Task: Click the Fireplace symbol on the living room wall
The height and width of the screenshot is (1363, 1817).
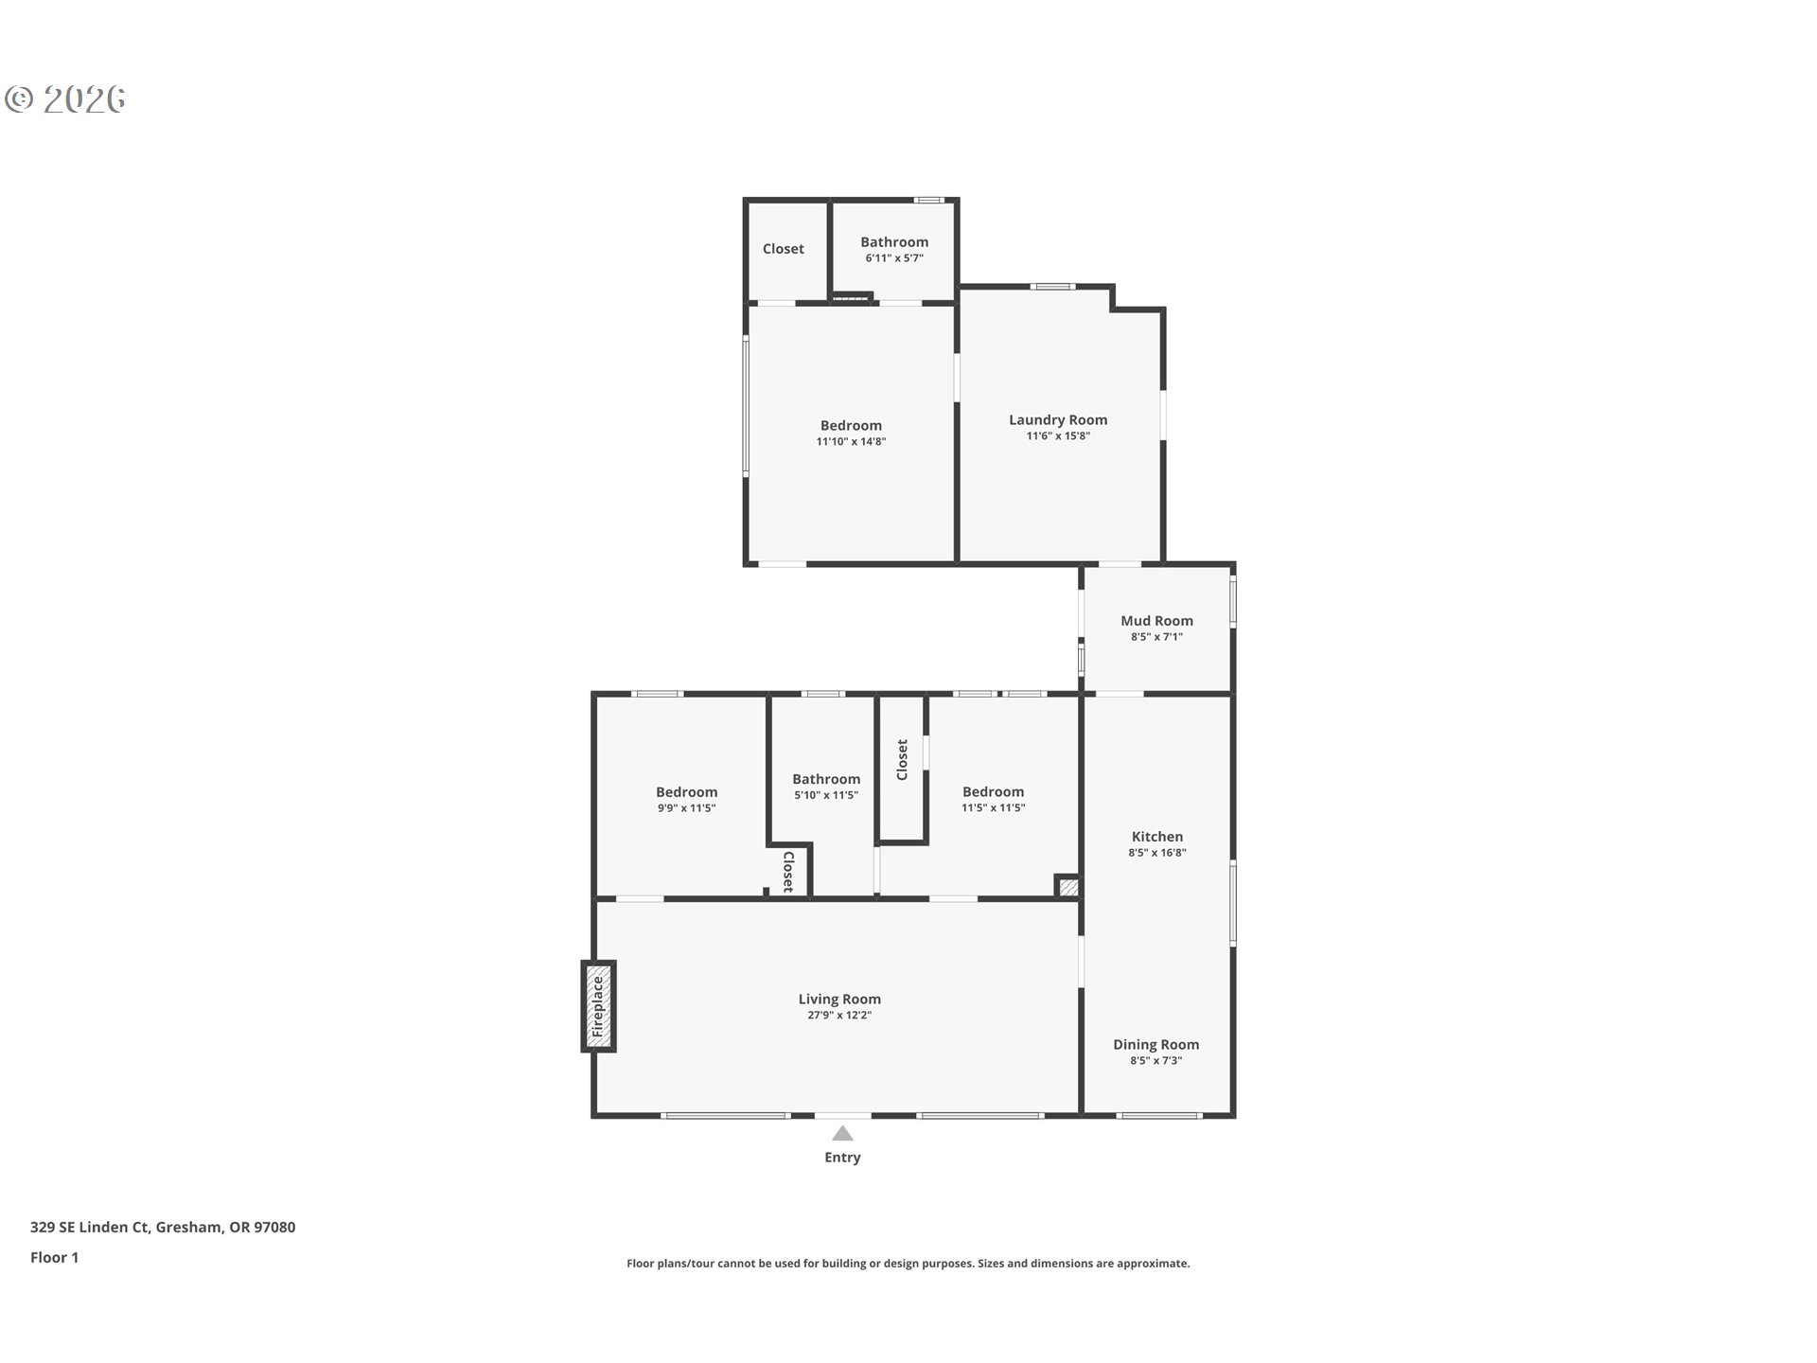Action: pyautogui.click(x=598, y=1006)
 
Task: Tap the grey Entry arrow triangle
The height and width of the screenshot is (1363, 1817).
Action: pyautogui.click(x=842, y=1133)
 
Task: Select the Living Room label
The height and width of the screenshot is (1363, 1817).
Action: pyautogui.click(x=839, y=999)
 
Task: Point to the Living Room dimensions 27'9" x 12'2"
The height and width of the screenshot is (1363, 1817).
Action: pyautogui.click(x=839, y=1016)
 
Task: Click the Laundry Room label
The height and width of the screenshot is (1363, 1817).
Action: pyautogui.click(x=1058, y=419)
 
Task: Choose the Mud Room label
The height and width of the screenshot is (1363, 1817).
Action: pyautogui.click(x=1156, y=621)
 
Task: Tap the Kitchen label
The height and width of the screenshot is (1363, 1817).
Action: pyautogui.click(x=1157, y=837)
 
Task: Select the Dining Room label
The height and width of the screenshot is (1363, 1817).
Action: pyautogui.click(x=1155, y=1045)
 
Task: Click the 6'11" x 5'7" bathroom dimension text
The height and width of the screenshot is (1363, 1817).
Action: pyautogui.click(x=894, y=258)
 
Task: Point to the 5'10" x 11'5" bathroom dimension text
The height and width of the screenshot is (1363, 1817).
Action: pyautogui.click(x=826, y=796)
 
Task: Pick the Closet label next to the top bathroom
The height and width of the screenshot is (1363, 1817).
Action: pyautogui.click(x=784, y=249)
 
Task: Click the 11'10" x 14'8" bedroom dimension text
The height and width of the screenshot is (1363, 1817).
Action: pyautogui.click(x=852, y=442)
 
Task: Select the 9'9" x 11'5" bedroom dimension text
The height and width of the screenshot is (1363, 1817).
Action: pyautogui.click(x=687, y=808)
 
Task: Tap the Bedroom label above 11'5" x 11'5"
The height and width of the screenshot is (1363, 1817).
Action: pyautogui.click(x=994, y=792)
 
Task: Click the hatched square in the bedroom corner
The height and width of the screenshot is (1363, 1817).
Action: pyautogui.click(x=1067, y=887)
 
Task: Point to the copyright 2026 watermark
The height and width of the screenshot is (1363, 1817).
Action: pyautogui.click(x=65, y=99)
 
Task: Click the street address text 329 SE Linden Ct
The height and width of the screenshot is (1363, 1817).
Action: pyautogui.click(x=90, y=1228)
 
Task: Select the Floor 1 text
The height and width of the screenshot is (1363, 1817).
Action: pyautogui.click(x=54, y=1258)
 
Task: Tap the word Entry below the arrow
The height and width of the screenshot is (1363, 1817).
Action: pyautogui.click(x=842, y=1158)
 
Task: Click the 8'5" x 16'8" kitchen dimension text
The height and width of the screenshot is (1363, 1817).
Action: pyautogui.click(x=1157, y=853)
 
